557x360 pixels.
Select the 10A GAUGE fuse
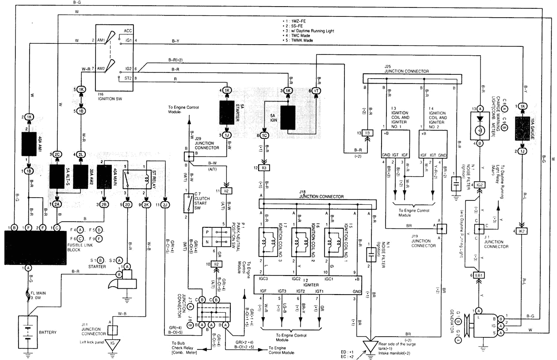point(523,128)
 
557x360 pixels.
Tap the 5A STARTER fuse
point(227,113)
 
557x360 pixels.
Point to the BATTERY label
point(47,332)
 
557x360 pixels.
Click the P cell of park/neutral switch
point(207,233)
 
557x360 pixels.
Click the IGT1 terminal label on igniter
point(320,291)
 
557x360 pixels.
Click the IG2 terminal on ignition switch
point(128,69)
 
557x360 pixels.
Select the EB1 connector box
point(478,275)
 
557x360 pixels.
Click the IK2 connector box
point(523,231)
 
